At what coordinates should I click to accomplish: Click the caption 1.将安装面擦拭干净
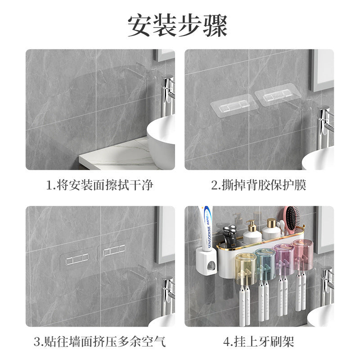(100, 185)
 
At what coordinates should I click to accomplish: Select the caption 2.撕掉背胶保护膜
(259, 185)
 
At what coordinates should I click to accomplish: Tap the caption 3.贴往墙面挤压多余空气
(100, 342)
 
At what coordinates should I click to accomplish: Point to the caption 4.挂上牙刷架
(259, 342)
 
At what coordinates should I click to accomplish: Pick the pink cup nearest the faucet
(302, 255)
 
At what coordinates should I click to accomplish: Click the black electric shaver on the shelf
(230, 236)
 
